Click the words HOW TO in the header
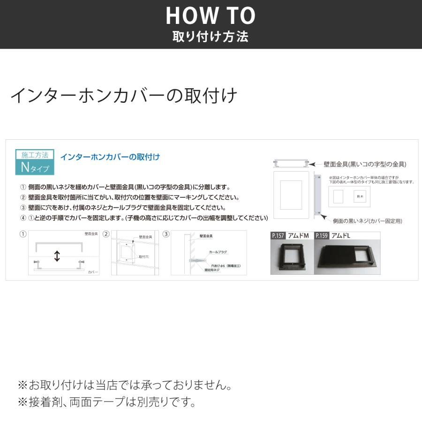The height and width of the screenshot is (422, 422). point(211,16)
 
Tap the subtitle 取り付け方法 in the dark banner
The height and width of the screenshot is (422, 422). point(211,37)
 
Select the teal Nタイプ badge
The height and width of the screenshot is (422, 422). point(35,166)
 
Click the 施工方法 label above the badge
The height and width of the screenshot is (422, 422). point(35,154)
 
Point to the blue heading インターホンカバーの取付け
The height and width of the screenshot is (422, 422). point(110,157)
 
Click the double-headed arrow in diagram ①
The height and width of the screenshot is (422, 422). point(57,256)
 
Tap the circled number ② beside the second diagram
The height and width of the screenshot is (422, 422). point(106,234)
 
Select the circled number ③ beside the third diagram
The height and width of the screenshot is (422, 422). point(166,234)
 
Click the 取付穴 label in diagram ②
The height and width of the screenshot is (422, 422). point(143,257)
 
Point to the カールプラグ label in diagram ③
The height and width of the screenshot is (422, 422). point(218,252)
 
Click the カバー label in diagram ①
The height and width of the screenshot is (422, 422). point(93,272)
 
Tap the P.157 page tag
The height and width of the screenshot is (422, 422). point(278,236)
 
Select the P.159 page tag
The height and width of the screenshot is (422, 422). point(322,236)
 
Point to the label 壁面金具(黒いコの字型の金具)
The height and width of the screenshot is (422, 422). point(365,164)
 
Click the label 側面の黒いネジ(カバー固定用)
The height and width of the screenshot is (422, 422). point(367,220)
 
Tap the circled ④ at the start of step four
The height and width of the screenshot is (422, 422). point(23,218)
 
